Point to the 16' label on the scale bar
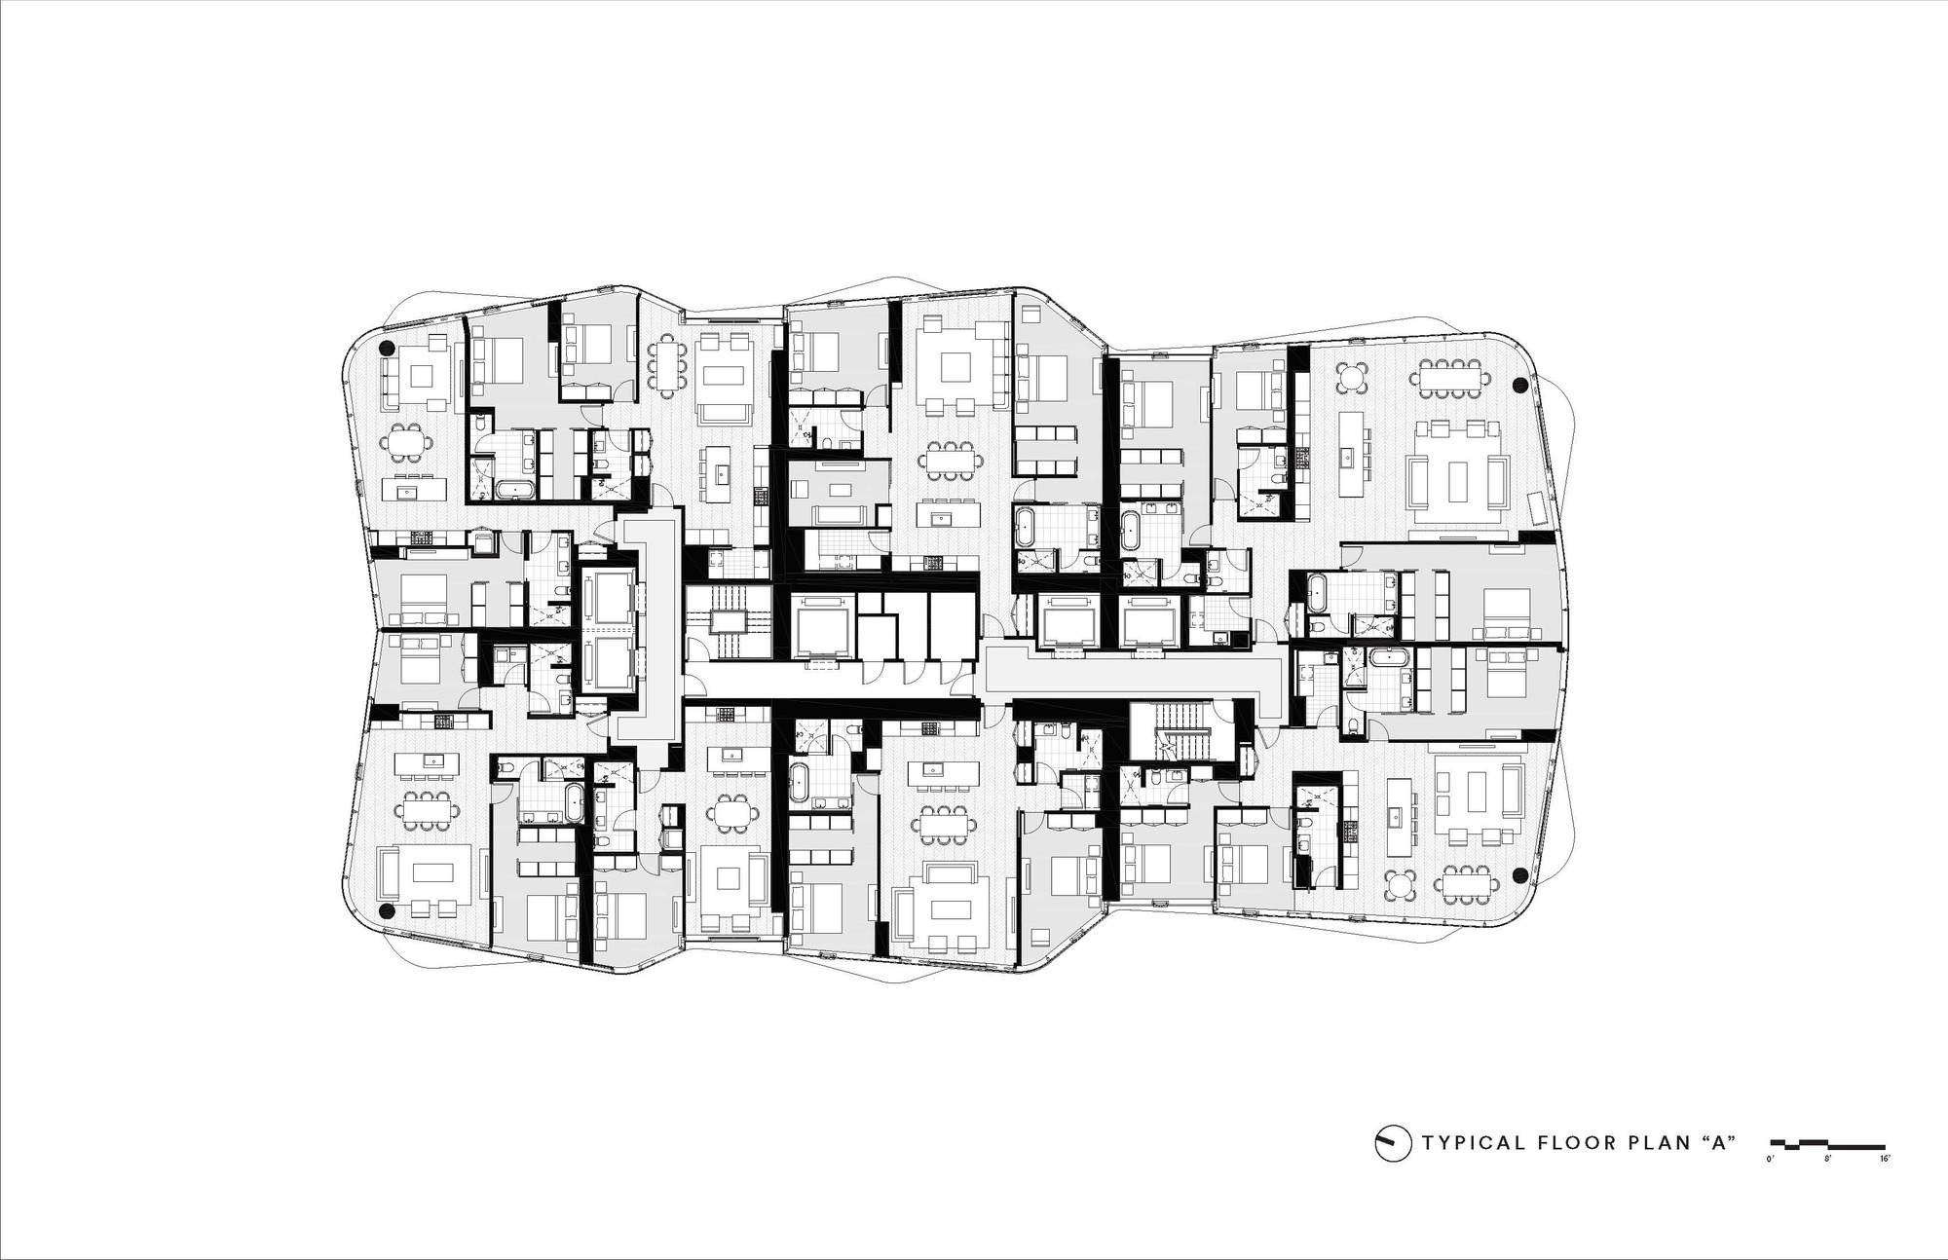1884,1160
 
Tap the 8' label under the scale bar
1827,1160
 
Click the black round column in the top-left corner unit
387,348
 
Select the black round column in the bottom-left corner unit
387,911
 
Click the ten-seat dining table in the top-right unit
1453,378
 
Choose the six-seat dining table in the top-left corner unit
408,443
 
